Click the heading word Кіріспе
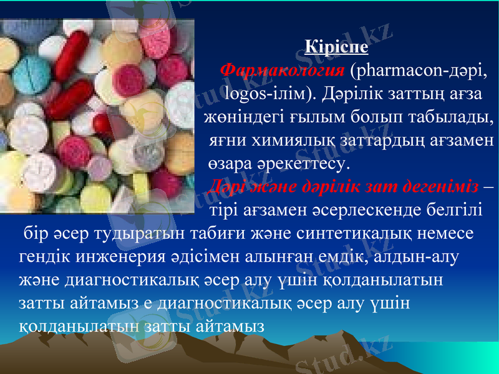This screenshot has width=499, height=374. click(x=336, y=47)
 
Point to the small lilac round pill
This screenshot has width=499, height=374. click(x=99, y=168)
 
